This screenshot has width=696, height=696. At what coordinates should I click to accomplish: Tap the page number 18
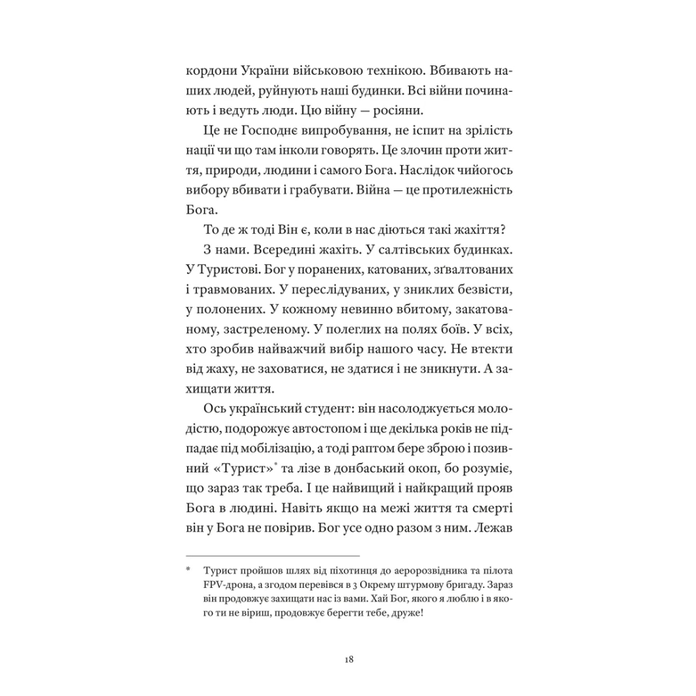pos(348,659)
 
